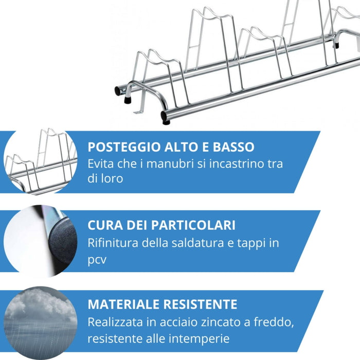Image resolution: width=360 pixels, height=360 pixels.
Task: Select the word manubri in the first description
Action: pos(179,164)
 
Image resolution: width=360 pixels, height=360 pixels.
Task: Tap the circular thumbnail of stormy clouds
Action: pos(40,323)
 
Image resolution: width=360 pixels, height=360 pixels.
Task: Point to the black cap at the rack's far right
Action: pos(337,44)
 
